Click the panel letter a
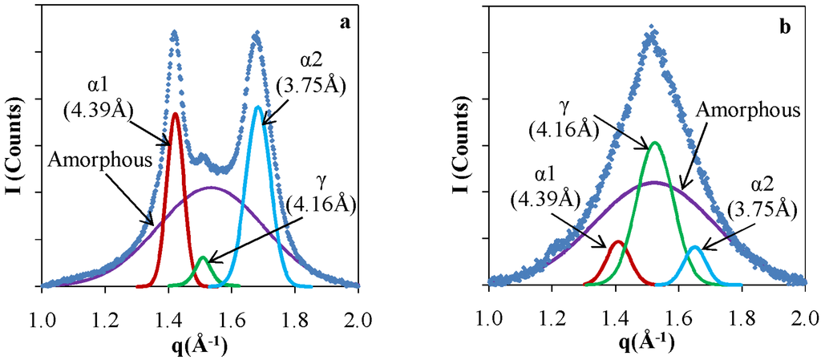pyautogui.click(x=345, y=22)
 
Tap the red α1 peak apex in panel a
pyautogui.click(x=175, y=113)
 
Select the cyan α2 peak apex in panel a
pyautogui.click(x=257, y=107)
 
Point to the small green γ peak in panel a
pyautogui.click(x=203, y=258)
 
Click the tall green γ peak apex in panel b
pyautogui.click(x=655, y=143)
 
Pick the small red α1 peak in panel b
pyautogui.click(x=617, y=241)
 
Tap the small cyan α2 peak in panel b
pyautogui.click(x=695, y=248)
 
